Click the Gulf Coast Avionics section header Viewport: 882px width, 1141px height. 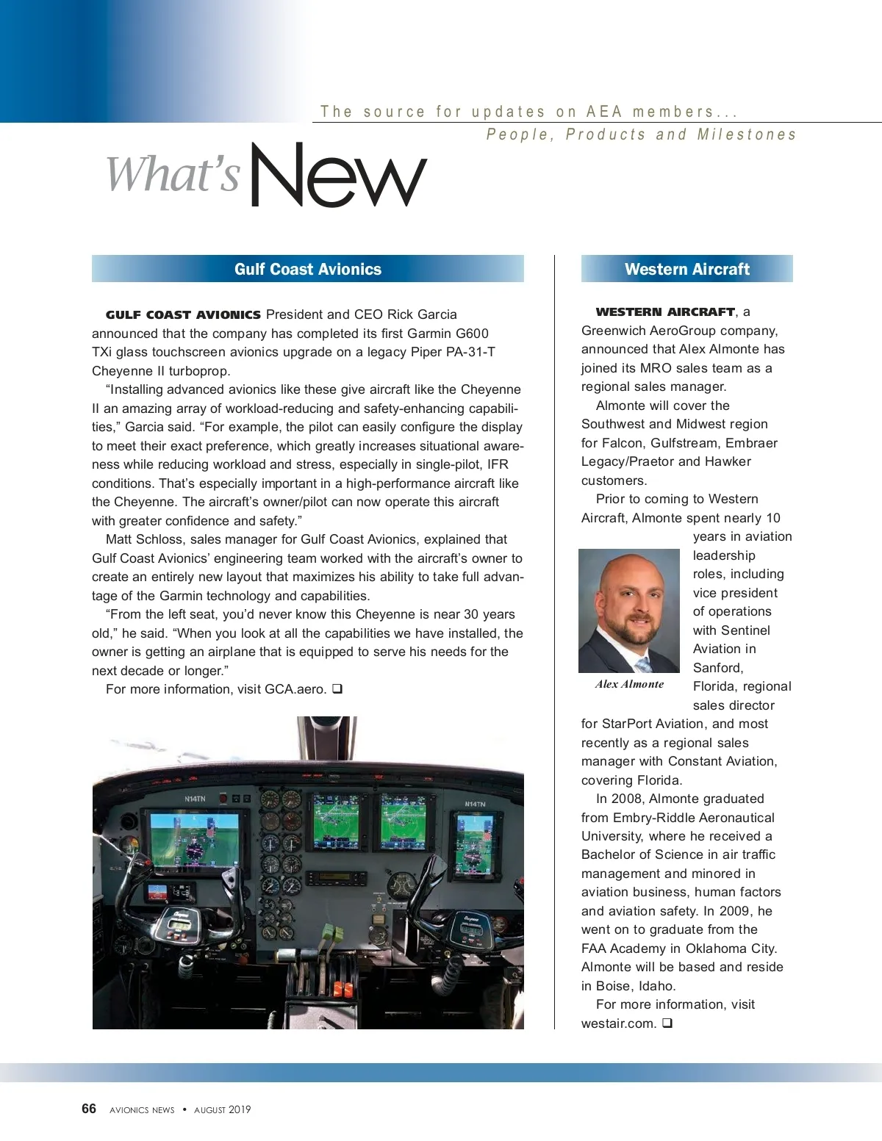click(x=308, y=269)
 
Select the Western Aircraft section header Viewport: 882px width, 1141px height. click(x=686, y=269)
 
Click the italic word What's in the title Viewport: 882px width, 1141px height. click(x=173, y=174)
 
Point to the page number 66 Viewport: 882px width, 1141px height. click(x=89, y=1109)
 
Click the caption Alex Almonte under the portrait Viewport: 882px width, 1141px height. click(x=629, y=684)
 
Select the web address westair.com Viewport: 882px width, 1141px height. click(x=617, y=1023)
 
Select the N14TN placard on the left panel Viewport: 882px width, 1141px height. click(x=195, y=799)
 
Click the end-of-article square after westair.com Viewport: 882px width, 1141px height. click(x=667, y=1023)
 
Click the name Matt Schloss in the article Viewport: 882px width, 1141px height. click(x=144, y=539)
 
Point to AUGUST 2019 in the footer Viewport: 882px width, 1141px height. click(x=222, y=1109)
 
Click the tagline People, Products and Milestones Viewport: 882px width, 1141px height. click(x=641, y=134)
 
